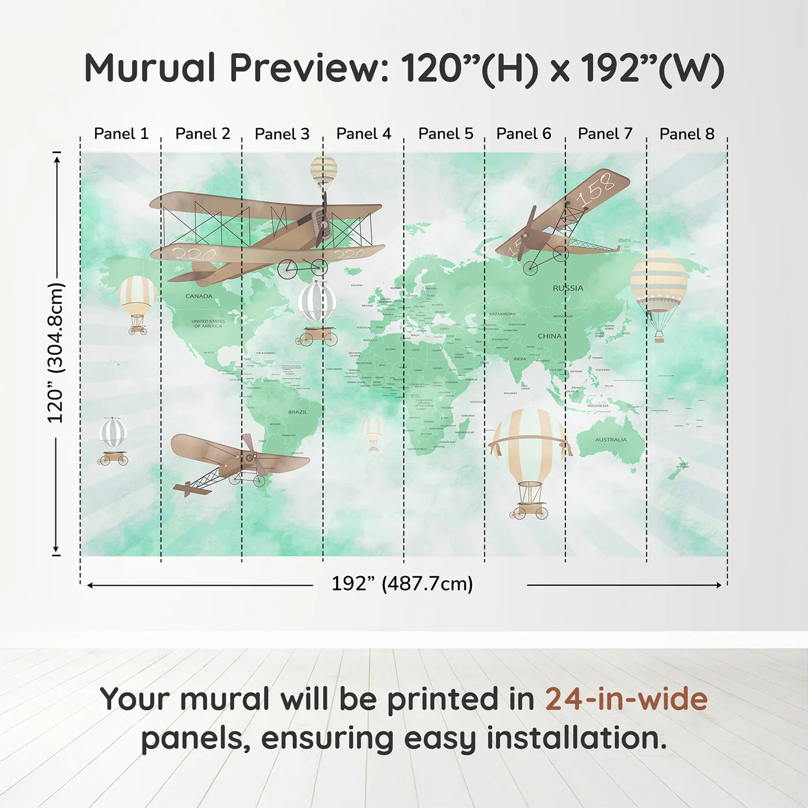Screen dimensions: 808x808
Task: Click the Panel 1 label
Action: tap(121, 134)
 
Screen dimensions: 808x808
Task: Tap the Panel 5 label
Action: tap(446, 134)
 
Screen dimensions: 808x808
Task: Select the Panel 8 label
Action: tap(687, 134)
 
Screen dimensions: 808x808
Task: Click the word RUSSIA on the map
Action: tap(568, 288)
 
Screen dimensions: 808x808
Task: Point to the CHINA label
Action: tap(549, 336)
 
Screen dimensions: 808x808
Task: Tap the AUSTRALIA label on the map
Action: tap(611, 440)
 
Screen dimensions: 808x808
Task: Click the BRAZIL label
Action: tap(298, 412)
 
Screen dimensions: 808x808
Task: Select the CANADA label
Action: tap(199, 296)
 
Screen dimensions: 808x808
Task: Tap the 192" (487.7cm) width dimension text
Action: tap(402, 584)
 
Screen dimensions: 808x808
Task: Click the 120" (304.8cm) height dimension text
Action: tap(56, 353)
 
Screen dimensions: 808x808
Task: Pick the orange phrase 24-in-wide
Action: tap(626, 699)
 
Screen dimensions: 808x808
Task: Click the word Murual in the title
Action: tap(150, 68)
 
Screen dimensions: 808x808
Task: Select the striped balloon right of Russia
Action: tap(659, 283)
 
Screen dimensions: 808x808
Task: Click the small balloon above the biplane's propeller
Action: tap(324, 169)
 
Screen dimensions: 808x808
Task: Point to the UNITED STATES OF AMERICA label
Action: tap(208, 323)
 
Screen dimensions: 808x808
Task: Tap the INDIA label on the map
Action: tap(520, 359)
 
